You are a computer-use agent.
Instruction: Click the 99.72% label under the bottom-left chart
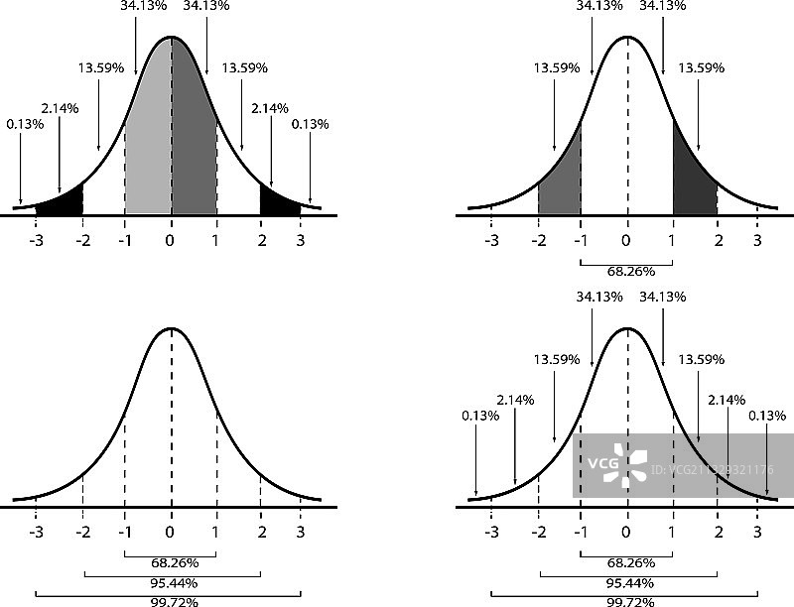point(172,601)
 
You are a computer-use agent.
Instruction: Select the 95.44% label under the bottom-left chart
point(172,582)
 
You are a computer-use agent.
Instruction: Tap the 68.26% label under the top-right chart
point(627,272)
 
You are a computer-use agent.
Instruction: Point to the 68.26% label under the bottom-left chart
point(172,562)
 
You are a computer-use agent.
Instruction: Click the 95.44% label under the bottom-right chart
point(627,582)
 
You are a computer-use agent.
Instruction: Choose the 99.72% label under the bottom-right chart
point(627,601)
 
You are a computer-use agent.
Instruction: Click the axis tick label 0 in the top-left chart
point(171,239)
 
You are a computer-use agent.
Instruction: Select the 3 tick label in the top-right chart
point(758,239)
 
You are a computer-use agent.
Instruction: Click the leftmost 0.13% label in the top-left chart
point(22,124)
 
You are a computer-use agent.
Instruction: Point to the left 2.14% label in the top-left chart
point(59,107)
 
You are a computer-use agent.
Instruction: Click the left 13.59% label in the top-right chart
point(557,68)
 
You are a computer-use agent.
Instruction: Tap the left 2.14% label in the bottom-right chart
point(515,400)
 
